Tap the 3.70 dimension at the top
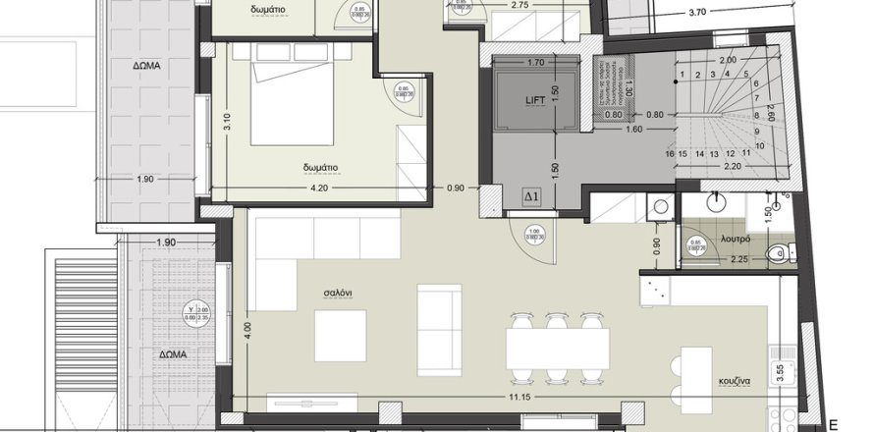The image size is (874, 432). tap(698, 13)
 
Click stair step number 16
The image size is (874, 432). tap(669, 154)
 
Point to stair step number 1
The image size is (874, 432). tap(695, 75)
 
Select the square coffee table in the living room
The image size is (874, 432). tap(340, 336)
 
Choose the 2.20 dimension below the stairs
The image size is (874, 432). tap(728, 168)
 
